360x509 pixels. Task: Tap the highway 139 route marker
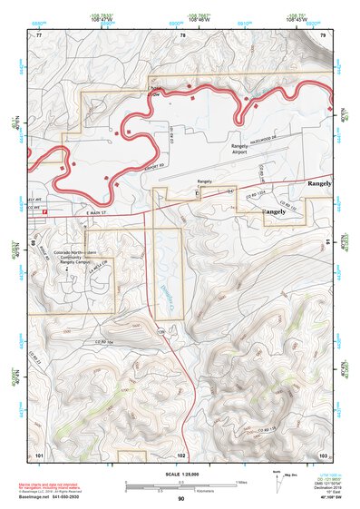pos(164,333)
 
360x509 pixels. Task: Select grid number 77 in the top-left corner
pos(38,35)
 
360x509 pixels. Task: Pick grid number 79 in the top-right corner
pos(322,35)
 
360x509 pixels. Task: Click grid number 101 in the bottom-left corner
pos(38,454)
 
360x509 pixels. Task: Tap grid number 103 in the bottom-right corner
pos(323,454)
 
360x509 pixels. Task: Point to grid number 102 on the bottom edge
pos(181,454)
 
